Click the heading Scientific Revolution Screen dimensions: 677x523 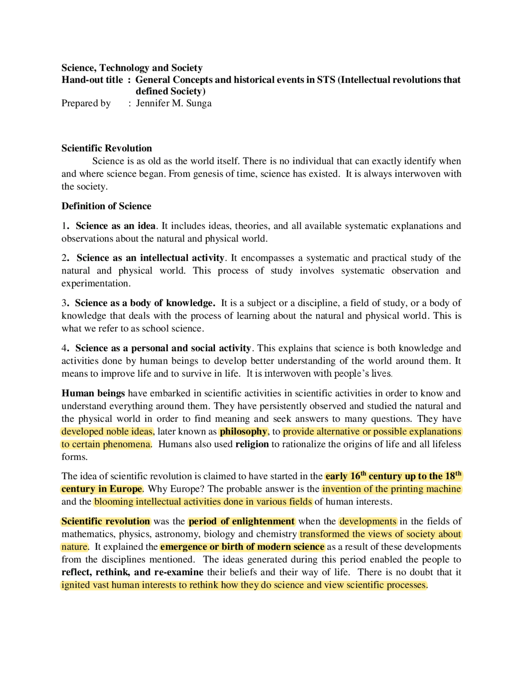coord(107,148)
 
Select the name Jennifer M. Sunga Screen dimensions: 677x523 coord(174,103)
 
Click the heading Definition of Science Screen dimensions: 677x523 coord(106,206)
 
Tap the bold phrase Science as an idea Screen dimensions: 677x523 coord(116,226)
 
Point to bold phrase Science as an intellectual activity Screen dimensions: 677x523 coord(150,258)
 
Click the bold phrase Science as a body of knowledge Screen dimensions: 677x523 coord(145,303)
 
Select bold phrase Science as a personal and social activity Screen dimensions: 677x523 coord(163,348)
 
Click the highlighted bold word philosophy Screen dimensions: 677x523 coord(244,431)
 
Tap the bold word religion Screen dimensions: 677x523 coord(252,444)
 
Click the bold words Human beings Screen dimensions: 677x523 coord(93,393)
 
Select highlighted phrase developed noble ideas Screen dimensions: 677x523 coord(107,431)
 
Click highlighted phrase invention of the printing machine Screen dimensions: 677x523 coord(391,489)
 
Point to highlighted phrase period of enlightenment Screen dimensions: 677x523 coord(241,521)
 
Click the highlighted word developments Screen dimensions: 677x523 coord(368,521)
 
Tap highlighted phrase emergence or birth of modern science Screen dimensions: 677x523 coord(242,547)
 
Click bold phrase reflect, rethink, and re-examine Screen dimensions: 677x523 coord(132,572)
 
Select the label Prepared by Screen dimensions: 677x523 coord(86,103)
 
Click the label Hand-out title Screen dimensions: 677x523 coord(92,80)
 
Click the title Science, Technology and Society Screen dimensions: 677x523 coord(132,68)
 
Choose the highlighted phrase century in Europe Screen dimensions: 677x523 coord(102,489)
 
